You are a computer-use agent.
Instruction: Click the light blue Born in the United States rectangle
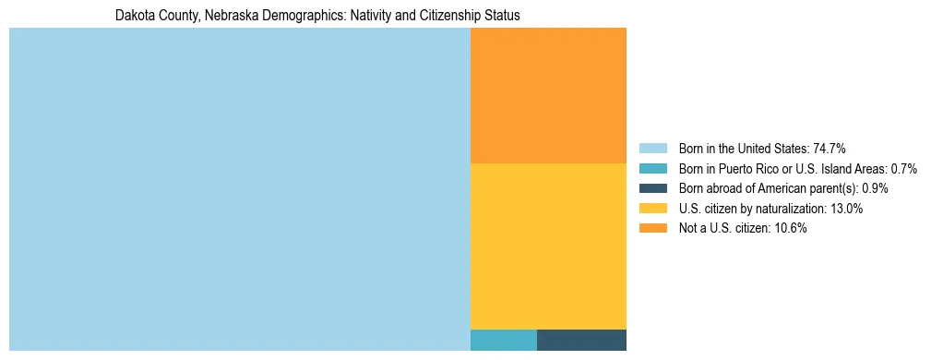tap(240, 189)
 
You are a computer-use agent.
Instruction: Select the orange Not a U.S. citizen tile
tap(548, 95)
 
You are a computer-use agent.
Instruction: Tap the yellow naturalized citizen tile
tap(548, 246)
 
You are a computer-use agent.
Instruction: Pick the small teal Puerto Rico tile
tap(503, 340)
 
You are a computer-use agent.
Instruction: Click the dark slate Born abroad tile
tap(581, 340)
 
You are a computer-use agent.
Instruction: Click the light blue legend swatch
tap(652, 149)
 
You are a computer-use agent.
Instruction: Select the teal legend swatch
tap(652, 169)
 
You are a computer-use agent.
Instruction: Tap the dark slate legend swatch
tap(652, 188)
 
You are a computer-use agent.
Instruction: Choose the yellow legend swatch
tap(652, 209)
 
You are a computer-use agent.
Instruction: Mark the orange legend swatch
tap(652, 229)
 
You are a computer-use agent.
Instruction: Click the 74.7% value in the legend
tap(830, 149)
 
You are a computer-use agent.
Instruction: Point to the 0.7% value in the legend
tap(903, 169)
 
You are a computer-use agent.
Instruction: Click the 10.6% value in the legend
tap(791, 229)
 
